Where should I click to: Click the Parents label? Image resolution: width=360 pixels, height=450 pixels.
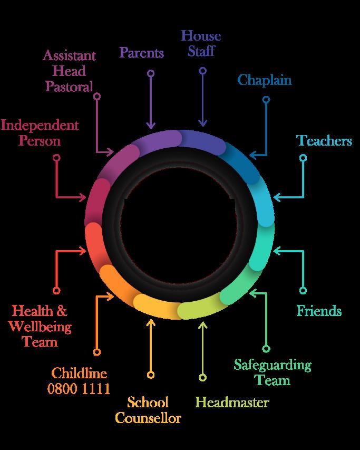[x=141, y=53]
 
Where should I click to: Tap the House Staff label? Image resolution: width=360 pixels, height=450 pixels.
[x=201, y=43]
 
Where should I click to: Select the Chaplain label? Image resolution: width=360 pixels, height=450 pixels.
[x=264, y=80]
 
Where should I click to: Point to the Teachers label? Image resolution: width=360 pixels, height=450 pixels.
[x=324, y=140]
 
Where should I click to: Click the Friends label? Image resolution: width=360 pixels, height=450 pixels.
[x=319, y=311]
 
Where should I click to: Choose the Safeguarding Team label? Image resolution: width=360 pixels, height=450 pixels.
[x=273, y=372]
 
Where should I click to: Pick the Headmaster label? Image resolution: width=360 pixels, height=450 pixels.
[x=232, y=403]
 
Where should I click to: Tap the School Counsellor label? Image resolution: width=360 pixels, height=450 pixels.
[x=148, y=410]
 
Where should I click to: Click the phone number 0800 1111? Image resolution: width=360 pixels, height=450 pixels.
[x=79, y=389]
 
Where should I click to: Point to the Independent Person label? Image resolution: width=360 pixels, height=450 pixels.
[x=40, y=133]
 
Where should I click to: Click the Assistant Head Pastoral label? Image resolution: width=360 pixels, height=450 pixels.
[x=70, y=71]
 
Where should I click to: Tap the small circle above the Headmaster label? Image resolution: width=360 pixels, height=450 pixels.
[x=202, y=378]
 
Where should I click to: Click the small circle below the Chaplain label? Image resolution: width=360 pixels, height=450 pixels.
[x=266, y=99]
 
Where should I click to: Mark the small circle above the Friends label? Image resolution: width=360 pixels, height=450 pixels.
[x=303, y=291]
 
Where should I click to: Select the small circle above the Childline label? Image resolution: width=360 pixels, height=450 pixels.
[x=96, y=352]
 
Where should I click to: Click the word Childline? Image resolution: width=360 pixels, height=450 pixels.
[x=79, y=374]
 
